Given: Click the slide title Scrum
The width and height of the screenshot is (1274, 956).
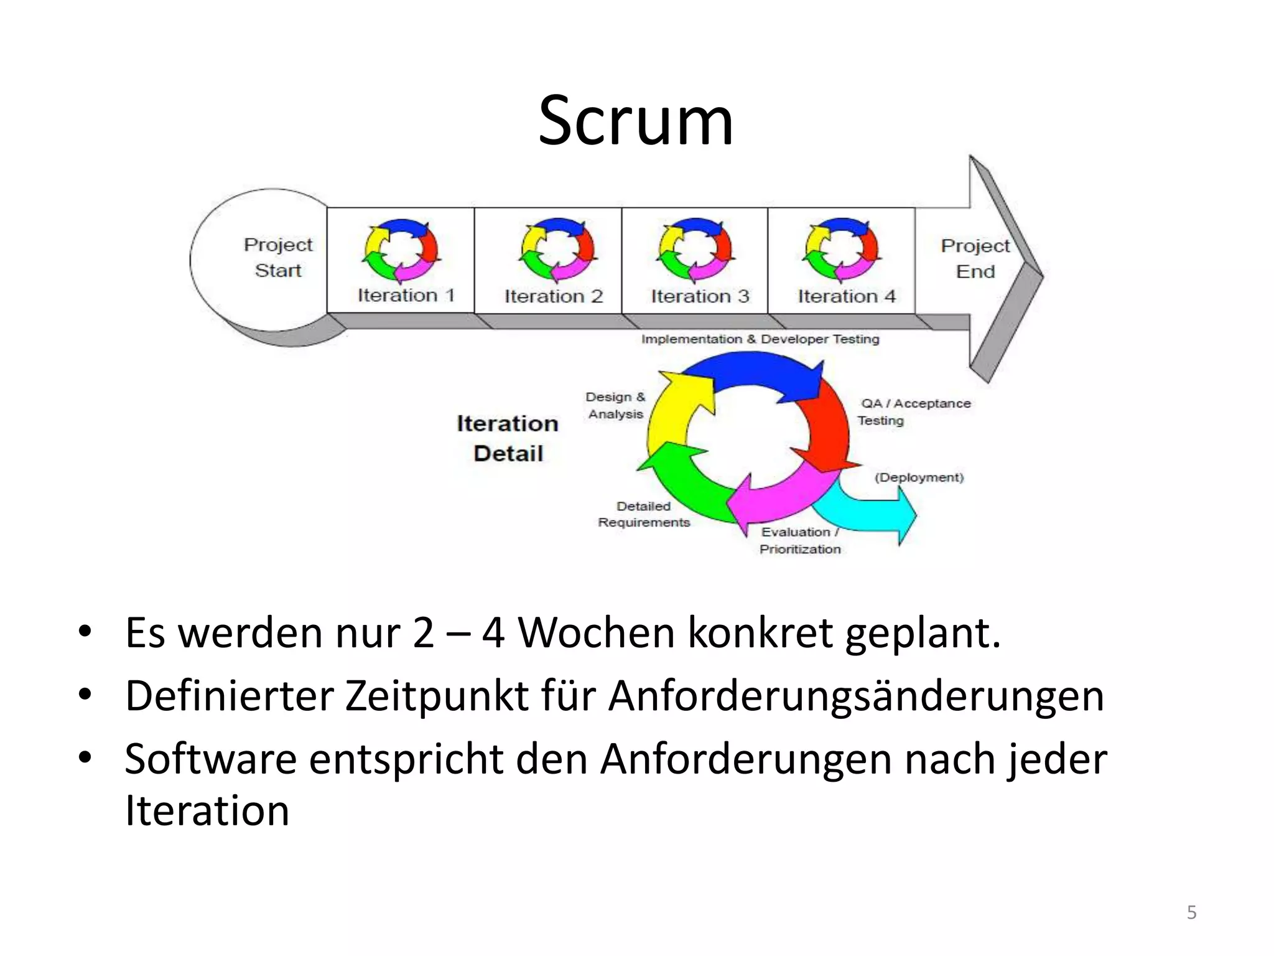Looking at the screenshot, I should tap(636, 121).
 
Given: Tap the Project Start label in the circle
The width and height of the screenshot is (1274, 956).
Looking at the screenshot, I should tap(277, 258).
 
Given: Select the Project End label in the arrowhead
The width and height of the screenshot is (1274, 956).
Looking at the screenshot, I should tap(975, 259).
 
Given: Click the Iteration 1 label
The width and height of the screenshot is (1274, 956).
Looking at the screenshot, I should tap(406, 295).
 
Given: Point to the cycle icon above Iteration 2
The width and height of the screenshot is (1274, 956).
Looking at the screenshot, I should tap(557, 250).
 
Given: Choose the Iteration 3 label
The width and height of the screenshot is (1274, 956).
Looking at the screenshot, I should tap(700, 296).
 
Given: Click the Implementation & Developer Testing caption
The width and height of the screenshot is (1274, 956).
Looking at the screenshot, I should tap(760, 339).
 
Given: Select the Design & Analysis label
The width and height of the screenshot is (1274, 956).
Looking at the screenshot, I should tap(615, 406).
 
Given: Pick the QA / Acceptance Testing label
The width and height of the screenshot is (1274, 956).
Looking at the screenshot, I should tap(913, 412).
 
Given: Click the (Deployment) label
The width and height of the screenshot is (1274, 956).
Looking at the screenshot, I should tap(919, 477).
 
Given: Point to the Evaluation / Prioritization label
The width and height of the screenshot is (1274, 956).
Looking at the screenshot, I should tap(800, 540).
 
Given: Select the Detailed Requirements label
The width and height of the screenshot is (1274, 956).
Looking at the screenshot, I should tap(644, 515).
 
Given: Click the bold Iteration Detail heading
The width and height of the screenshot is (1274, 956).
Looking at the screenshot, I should tap(508, 438).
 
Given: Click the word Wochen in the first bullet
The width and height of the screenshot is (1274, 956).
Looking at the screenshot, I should tap(596, 633).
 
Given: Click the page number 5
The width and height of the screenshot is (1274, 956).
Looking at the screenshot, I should tap(1191, 912).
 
